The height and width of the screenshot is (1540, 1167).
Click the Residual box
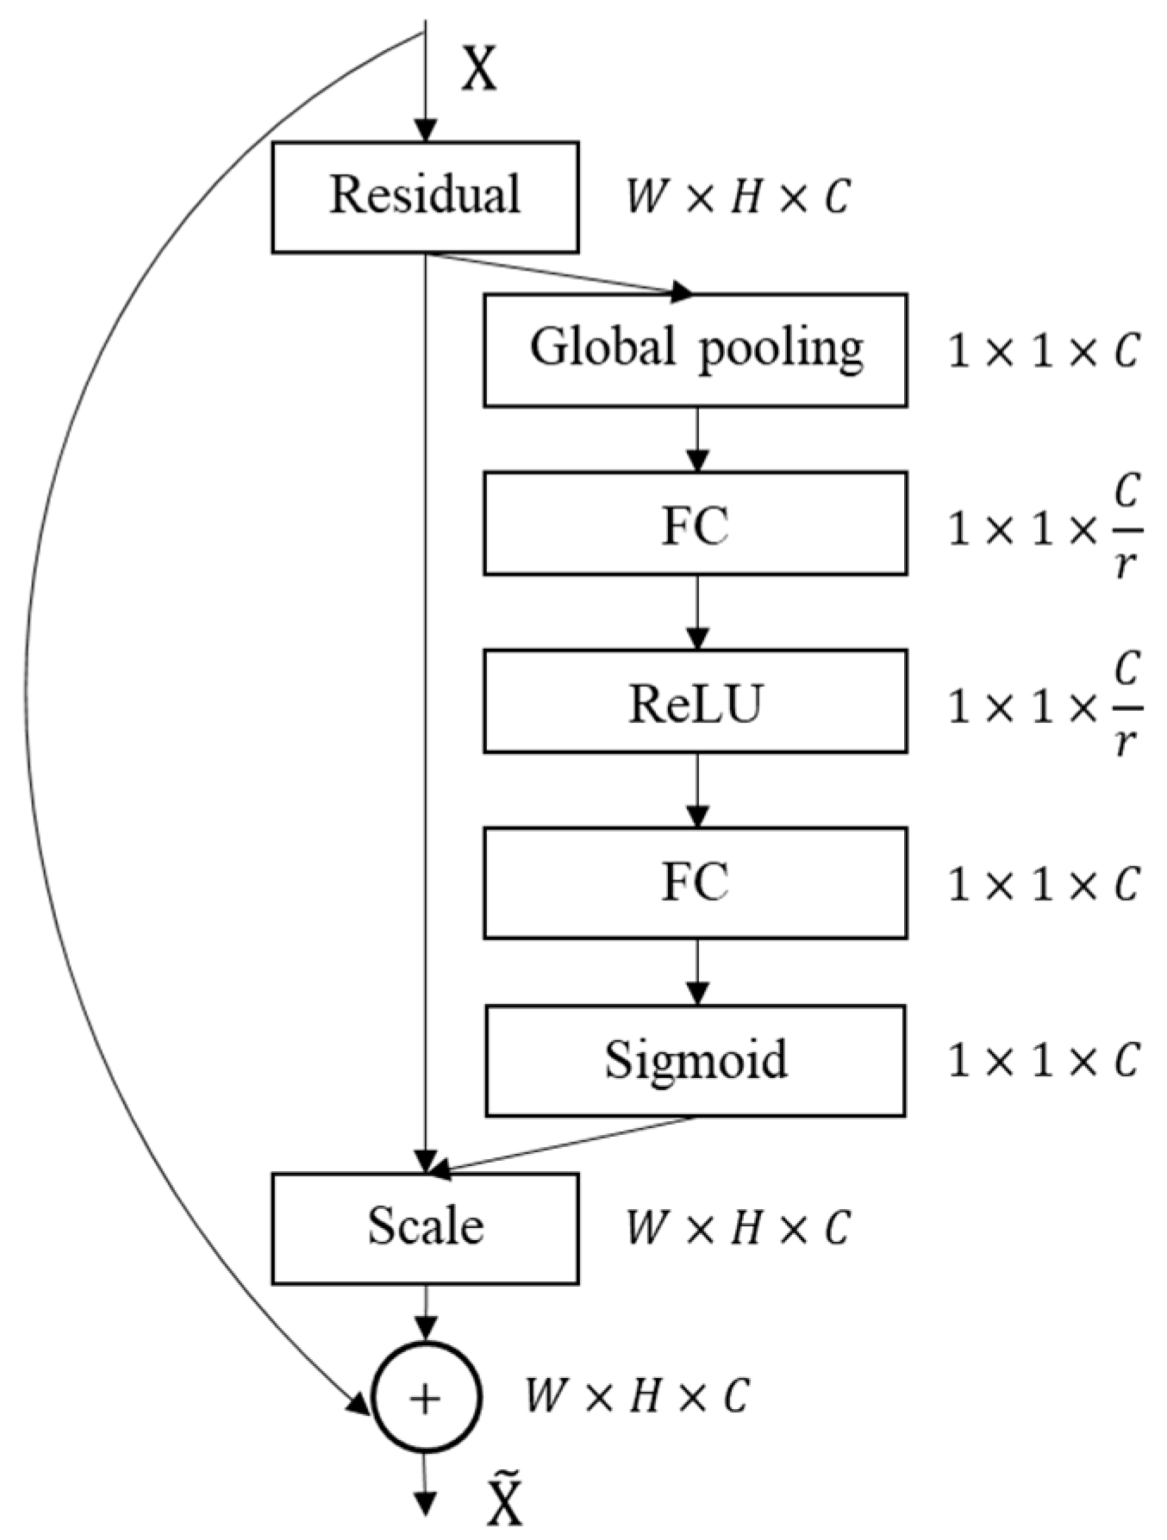[425, 196]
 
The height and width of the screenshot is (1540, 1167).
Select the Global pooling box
[695, 350]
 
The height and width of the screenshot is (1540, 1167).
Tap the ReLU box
[695, 701]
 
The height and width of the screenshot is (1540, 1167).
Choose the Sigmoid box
[695, 1060]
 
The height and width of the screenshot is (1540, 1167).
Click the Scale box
[425, 1227]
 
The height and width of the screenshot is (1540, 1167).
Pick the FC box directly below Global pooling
[695, 523]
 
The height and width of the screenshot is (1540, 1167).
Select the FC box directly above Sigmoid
[695, 882]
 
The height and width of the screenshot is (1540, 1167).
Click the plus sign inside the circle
[425, 1400]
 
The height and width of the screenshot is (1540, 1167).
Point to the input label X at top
[479, 69]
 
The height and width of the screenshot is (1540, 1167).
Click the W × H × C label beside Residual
[738, 196]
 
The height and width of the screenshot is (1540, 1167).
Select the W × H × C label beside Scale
[738, 1227]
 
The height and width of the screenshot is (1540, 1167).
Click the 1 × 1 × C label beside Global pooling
[1043, 352]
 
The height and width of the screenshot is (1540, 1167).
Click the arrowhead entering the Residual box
[425, 130]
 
